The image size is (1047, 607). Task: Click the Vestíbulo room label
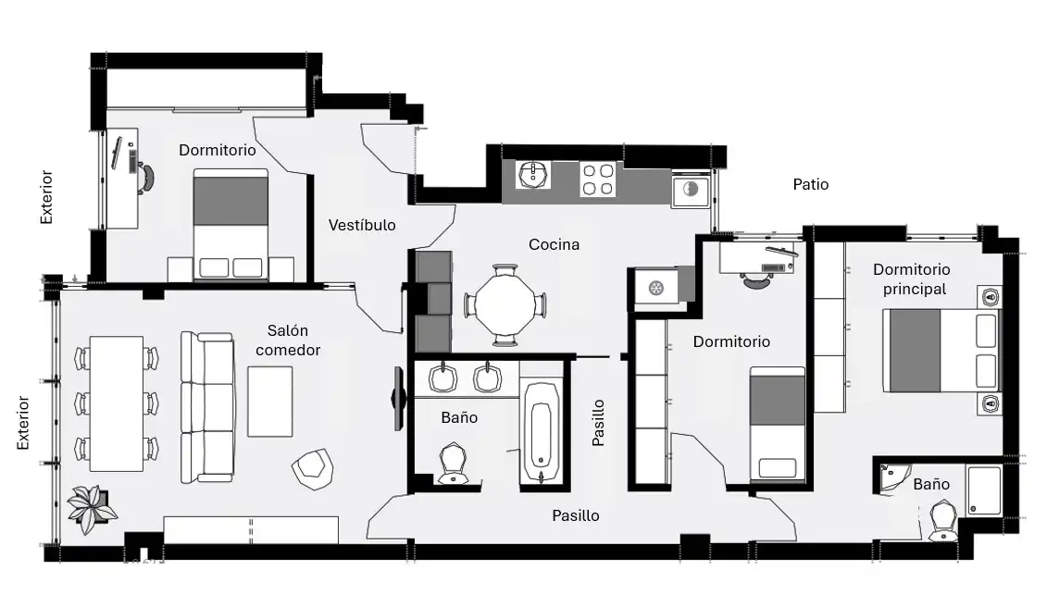coord(362,225)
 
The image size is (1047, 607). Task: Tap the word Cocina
coord(554,244)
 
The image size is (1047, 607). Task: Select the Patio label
coord(811,184)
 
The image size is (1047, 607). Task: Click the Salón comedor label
coord(288,340)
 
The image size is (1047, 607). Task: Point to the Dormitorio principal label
coord(912,279)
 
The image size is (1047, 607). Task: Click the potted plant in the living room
coord(93,509)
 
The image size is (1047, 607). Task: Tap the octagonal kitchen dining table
coord(505,305)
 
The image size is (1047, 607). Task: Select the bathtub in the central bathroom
coord(541,432)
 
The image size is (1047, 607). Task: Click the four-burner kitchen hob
coord(598,179)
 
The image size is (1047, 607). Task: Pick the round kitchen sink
coord(533,175)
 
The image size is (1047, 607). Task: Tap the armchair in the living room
coord(313,468)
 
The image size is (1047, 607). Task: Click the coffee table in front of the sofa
coord(269,402)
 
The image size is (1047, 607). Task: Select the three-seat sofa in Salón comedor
coord(207,406)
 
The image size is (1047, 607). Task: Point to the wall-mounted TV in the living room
coord(398,399)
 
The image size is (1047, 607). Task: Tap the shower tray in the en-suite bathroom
coord(983,490)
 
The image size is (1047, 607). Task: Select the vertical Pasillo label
coord(598,423)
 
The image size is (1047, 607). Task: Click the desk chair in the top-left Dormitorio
coord(145,176)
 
